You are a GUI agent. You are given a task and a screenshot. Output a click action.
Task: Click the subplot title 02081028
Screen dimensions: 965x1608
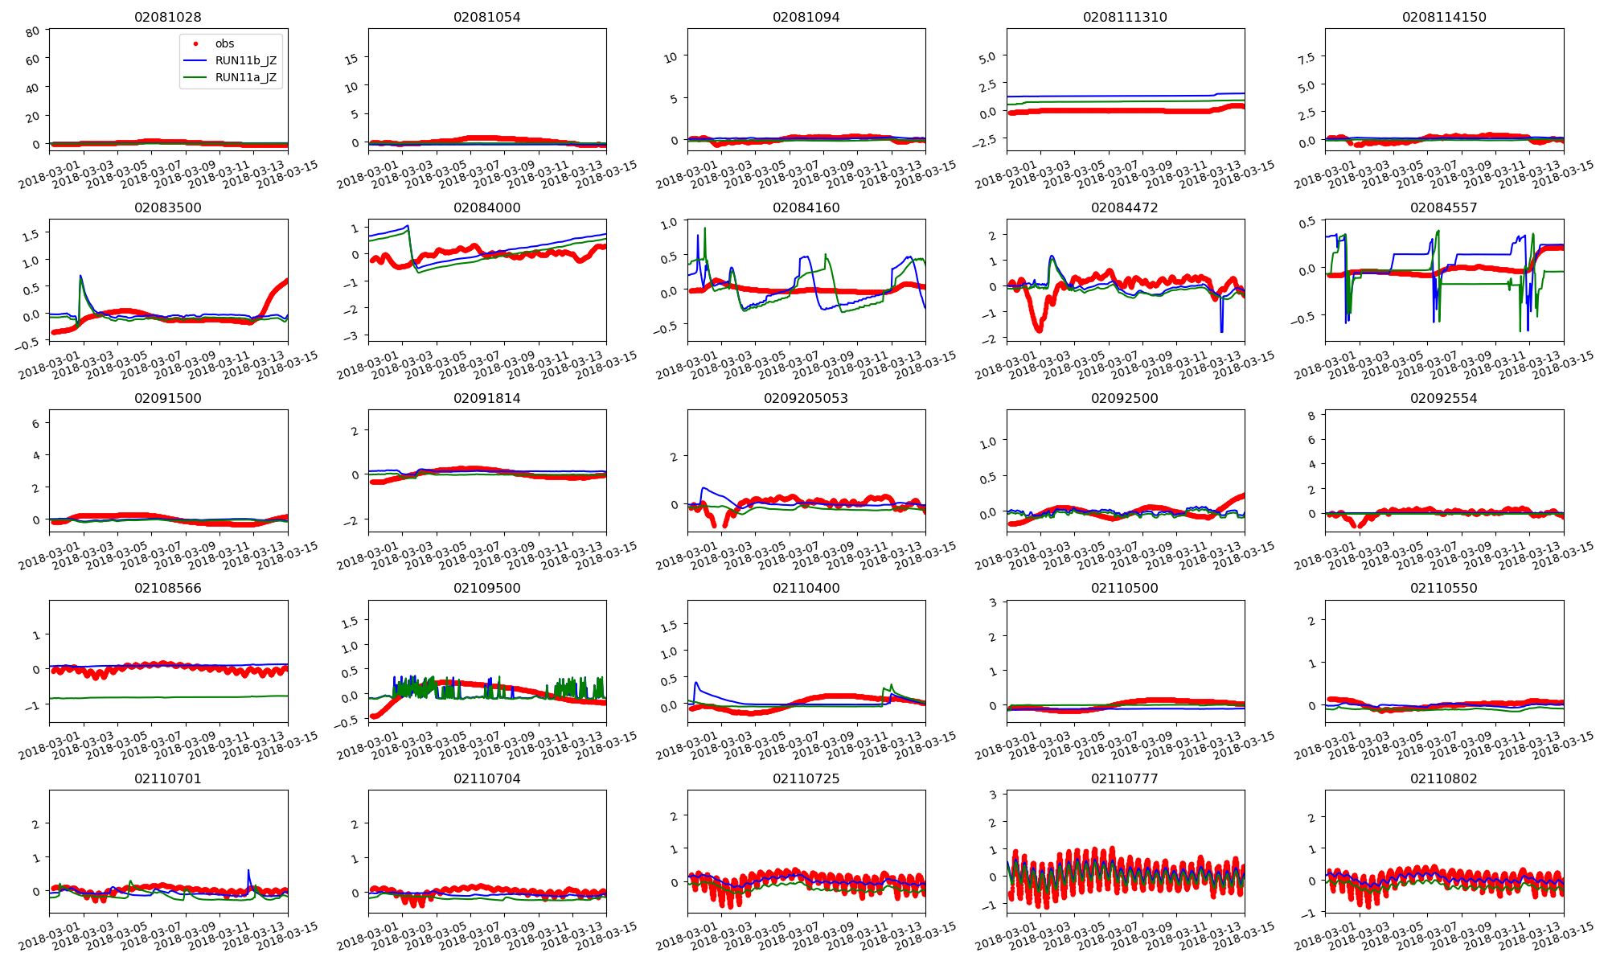point(168,17)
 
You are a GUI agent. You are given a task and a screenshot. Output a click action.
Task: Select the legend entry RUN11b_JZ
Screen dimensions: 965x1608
point(246,60)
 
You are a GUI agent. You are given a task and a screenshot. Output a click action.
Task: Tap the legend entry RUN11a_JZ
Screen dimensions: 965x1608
point(246,78)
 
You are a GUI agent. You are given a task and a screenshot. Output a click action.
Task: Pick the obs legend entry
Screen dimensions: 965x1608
point(224,43)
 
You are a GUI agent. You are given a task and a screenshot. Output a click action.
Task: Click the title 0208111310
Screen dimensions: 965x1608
point(1125,17)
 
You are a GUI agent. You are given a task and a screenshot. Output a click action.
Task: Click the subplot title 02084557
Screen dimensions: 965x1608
point(1444,207)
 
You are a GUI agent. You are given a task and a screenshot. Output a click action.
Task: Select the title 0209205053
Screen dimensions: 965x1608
point(806,398)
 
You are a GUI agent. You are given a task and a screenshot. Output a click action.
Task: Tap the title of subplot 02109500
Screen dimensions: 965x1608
point(487,588)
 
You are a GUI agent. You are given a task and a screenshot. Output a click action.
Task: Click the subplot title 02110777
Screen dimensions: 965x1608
point(1125,778)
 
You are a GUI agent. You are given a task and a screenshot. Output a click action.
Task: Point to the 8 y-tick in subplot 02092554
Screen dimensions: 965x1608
point(1311,416)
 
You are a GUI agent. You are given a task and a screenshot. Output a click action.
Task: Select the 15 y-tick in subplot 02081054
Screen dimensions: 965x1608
point(351,58)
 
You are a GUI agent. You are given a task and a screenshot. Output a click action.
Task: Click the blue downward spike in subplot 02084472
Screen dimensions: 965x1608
point(1221,331)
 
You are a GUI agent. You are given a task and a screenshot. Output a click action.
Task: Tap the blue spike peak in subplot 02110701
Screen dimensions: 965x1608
point(248,871)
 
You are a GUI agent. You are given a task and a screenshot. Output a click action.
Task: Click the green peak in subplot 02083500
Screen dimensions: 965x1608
point(80,277)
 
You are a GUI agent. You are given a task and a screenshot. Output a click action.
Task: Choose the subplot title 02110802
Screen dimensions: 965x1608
point(1444,778)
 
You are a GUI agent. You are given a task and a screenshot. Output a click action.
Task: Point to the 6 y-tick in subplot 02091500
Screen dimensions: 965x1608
point(35,424)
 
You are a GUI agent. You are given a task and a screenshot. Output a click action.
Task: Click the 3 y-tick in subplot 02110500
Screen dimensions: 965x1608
point(993,603)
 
